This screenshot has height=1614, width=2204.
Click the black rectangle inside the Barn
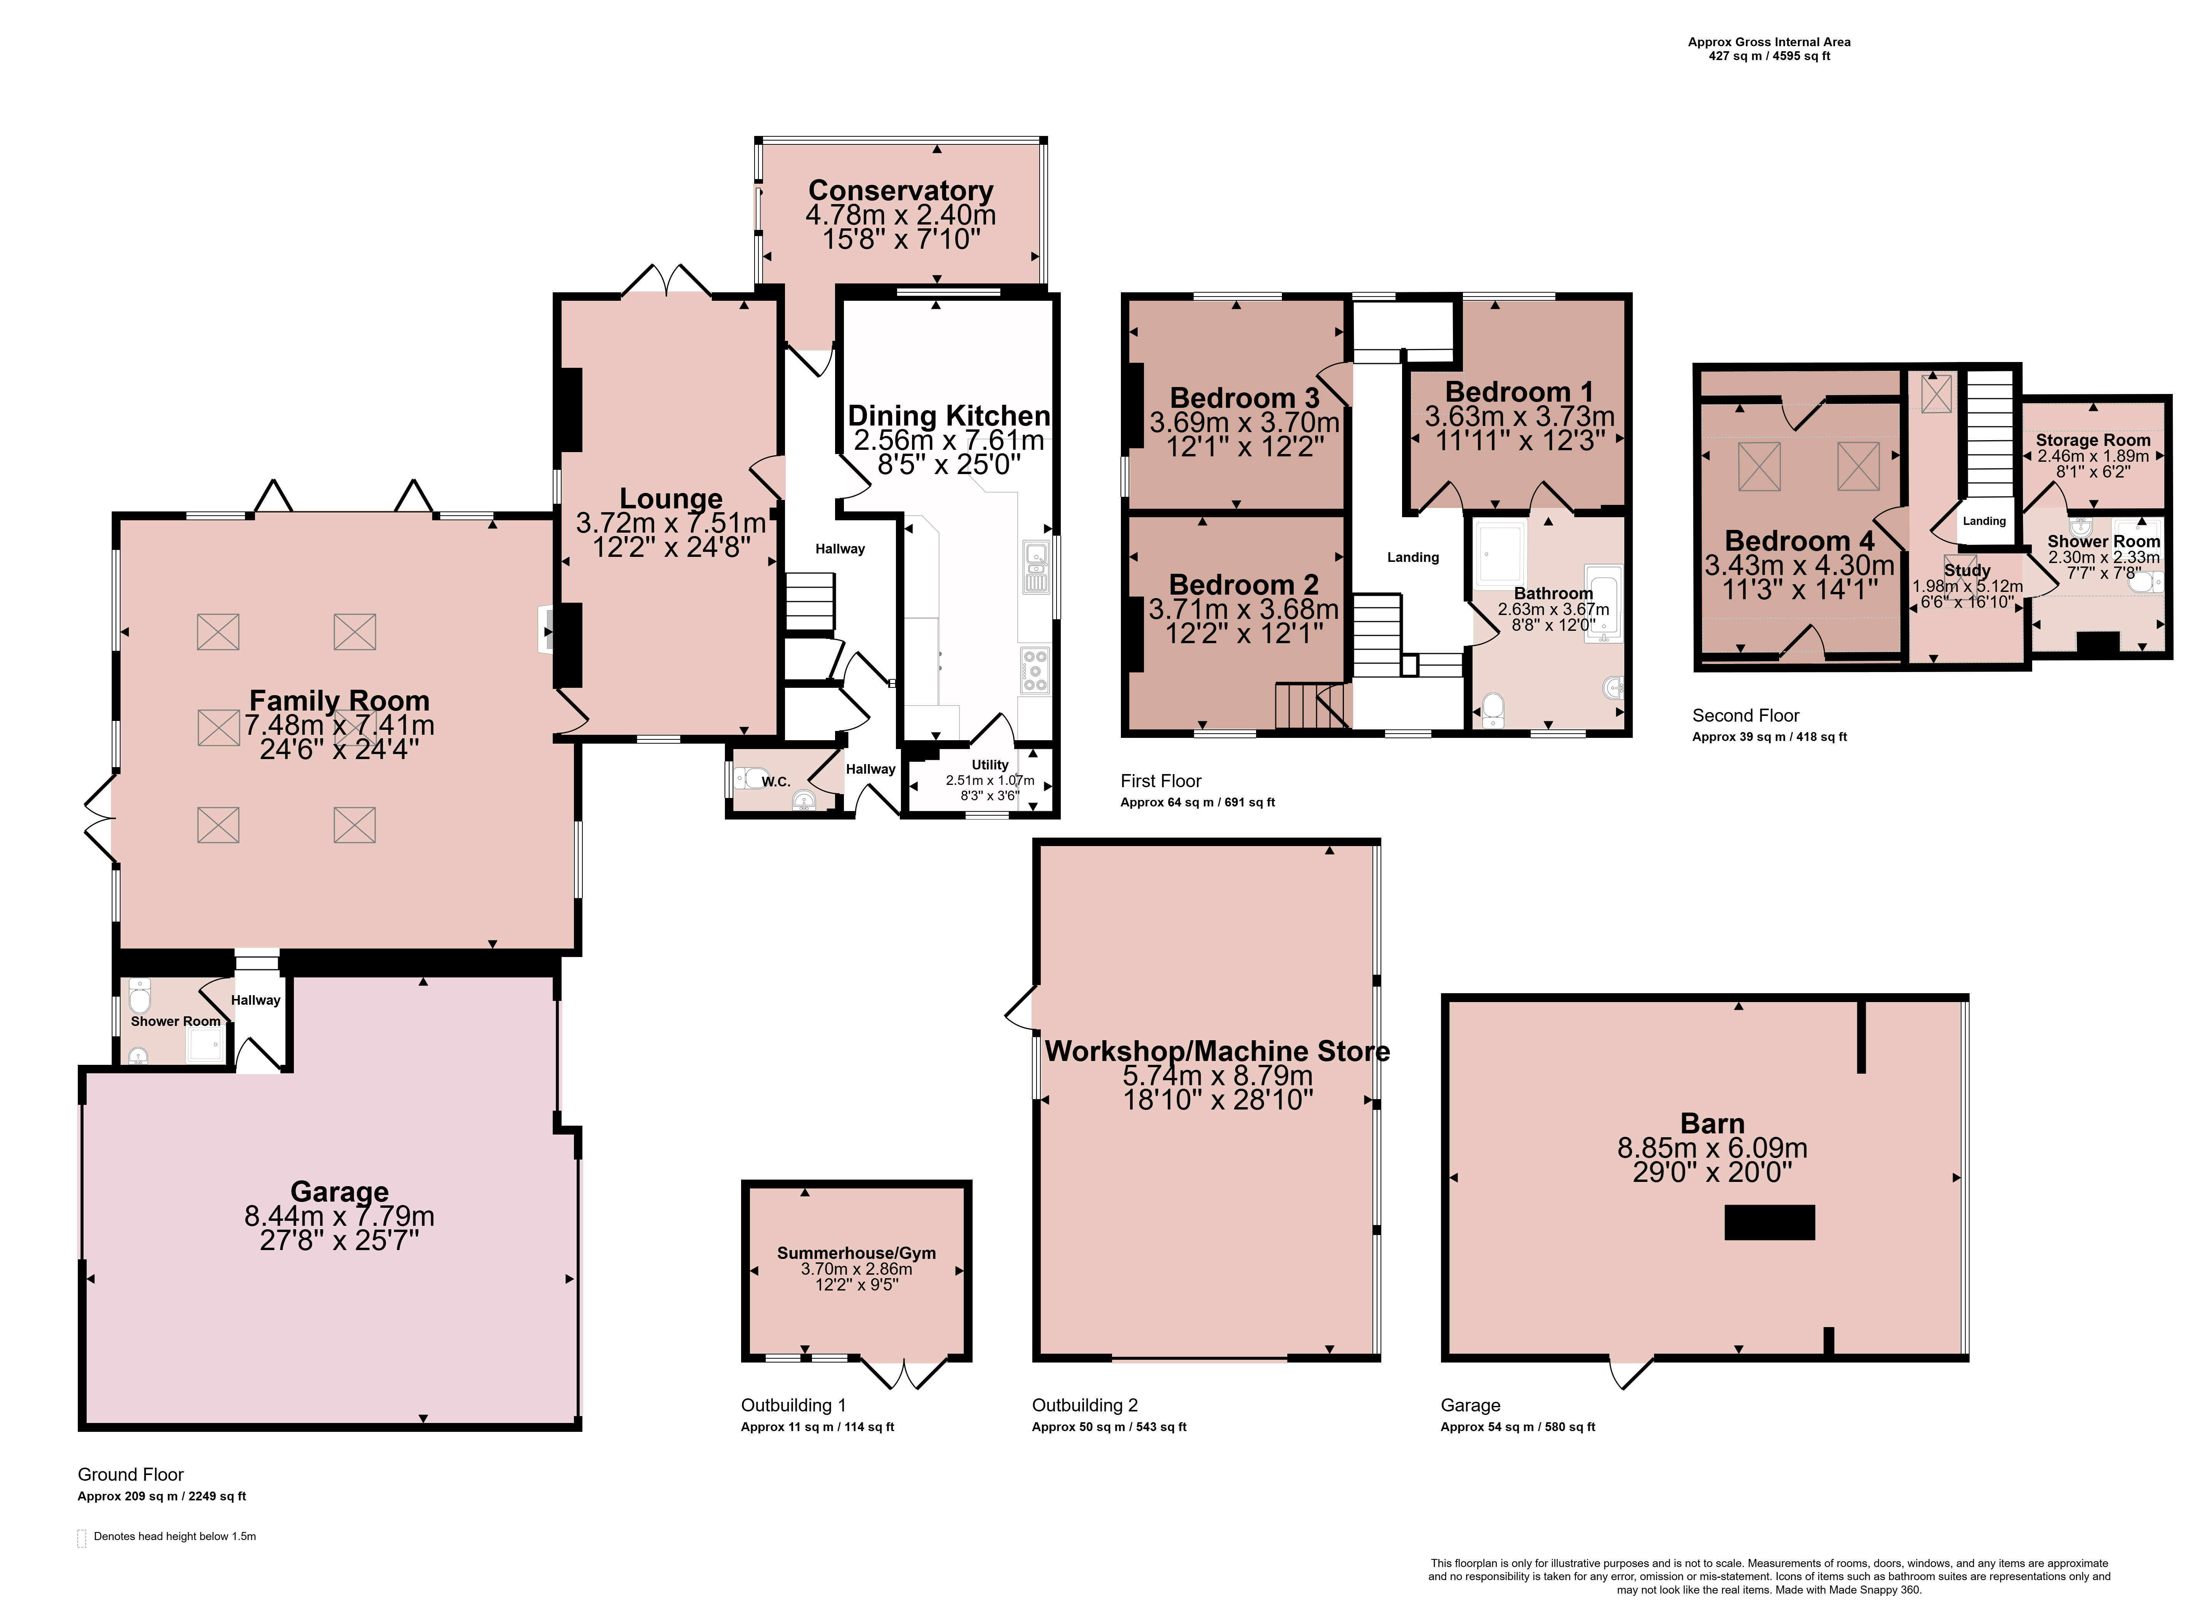tap(1769, 1222)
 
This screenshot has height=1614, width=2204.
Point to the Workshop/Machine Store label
tap(1217, 1051)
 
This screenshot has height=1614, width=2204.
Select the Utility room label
tap(990, 765)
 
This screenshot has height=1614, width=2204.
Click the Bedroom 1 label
tap(1519, 392)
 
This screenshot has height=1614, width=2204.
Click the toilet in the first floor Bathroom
tap(1493, 710)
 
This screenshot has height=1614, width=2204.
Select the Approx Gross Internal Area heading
tap(1769, 42)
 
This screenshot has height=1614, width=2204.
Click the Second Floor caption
tap(1746, 715)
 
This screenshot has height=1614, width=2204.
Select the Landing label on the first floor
tap(1413, 557)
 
